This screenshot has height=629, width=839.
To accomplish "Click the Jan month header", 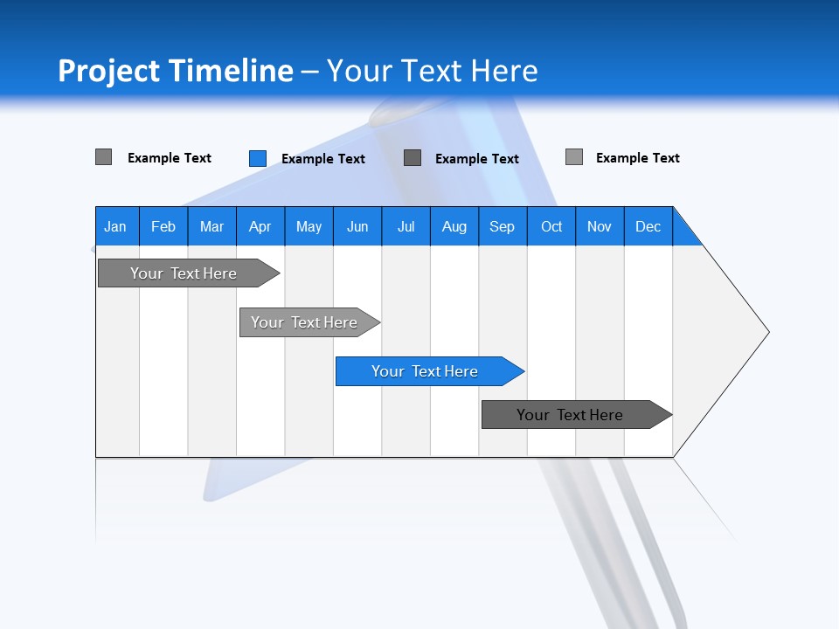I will [x=115, y=226].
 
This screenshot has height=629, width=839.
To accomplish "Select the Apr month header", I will [x=260, y=226].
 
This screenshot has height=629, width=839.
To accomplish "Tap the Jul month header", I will [x=406, y=226].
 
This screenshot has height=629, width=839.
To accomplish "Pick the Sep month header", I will [x=502, y=226].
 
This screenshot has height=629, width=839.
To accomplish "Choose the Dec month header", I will [x=648, y=226].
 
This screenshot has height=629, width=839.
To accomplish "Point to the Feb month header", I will [x=163, y=226].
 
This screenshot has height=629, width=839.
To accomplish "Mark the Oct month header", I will [x=551, y=226].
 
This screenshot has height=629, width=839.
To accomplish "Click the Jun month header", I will [x=357, y=226].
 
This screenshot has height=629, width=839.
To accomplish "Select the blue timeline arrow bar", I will [x=428, y=371].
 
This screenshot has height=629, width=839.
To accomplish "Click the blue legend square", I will [x=257, y=158].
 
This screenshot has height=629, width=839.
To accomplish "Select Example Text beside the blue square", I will [x=322, y=159].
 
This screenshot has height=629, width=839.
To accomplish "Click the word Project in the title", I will [x=109, y=71].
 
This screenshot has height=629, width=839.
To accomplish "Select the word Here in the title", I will [x=504, y=71].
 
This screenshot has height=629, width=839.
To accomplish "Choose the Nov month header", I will [x=600, y=226].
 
